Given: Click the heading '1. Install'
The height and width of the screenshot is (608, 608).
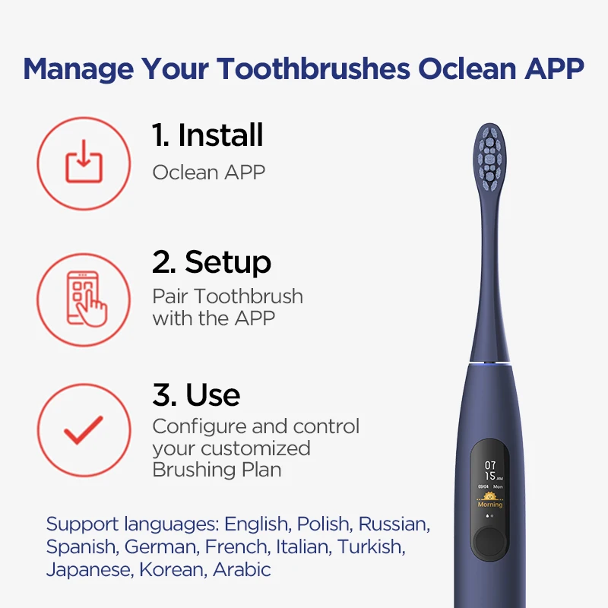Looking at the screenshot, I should coord(207,135).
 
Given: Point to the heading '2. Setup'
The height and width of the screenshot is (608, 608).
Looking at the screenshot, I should coord(211,262).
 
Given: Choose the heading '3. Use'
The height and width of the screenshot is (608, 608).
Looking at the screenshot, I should coord(196,395).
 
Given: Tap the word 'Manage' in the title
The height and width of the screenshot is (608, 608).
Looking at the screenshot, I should coord(74,68).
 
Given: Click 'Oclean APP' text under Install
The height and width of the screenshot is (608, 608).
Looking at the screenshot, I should coord(209,172).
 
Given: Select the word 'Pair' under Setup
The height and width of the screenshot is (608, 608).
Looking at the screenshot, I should coord(169,296).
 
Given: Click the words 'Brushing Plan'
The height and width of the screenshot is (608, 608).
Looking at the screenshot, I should coord(217,470).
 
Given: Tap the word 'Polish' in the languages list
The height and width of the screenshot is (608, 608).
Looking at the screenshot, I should coord(324,524).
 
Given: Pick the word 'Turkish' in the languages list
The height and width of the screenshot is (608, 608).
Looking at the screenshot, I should coord(371,546).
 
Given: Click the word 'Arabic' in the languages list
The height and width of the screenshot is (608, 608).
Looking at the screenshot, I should coord(242,569).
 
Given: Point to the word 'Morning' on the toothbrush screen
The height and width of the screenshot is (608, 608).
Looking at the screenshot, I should coord(490,505).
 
